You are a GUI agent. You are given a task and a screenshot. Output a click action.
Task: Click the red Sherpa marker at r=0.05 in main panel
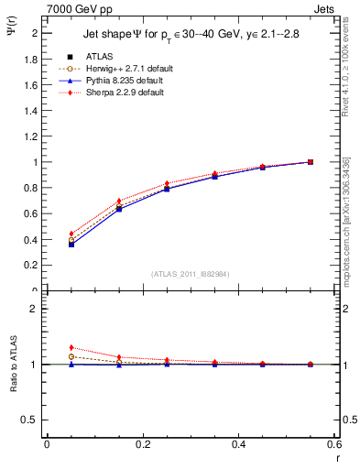(x=71, y=234)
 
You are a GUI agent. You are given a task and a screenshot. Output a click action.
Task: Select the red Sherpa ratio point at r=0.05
(x=71, y=347)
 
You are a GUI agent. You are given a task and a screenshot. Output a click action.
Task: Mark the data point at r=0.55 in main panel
(x=311, y=162)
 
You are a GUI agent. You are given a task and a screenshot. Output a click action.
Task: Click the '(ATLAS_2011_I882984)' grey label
(x=191, y=274)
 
